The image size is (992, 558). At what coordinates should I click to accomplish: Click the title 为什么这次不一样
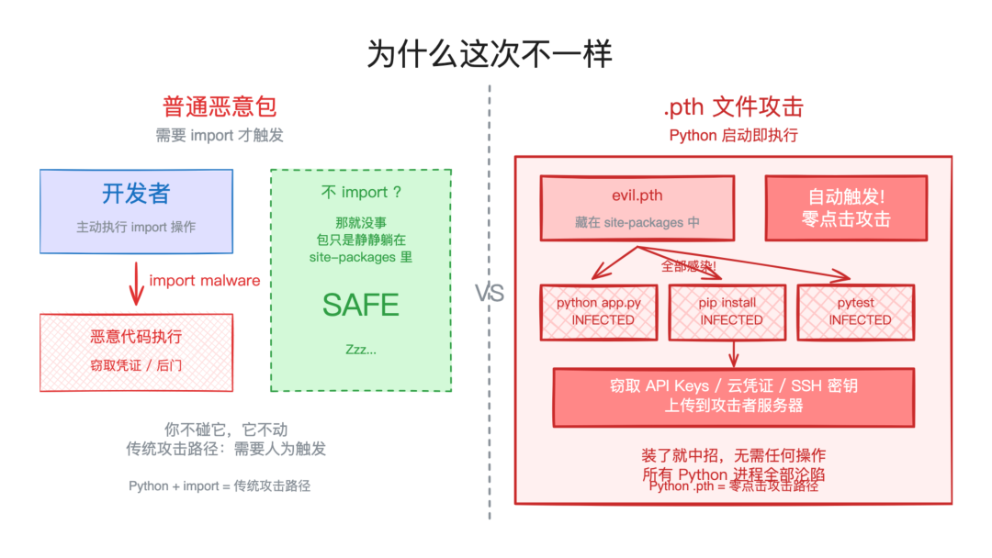pos(489,53)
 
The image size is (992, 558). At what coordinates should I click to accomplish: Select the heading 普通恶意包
pos(220,106)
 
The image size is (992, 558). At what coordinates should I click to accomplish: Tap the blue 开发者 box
pos(136,210)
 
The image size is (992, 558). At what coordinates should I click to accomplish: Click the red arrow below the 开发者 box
pos(136,284)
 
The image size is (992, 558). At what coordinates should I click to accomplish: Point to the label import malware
pos(204,281)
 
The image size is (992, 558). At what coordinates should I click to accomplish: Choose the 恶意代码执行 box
pos(136,352)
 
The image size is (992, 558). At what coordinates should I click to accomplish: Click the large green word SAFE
pos(360,305)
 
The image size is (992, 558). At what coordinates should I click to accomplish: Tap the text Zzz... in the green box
pos(360,350)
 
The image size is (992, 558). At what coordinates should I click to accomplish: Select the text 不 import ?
pos(361,193)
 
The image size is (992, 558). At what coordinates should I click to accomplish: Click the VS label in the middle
pos(490,294)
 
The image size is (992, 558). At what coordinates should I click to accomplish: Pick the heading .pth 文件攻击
pos(733,106)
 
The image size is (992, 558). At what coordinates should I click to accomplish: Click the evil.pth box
pos(637,208)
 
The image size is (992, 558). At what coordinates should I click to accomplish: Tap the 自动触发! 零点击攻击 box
pos(846,208)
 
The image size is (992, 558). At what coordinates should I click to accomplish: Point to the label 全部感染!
pos(688,266)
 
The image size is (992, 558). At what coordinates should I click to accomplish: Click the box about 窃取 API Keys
pos(733,396)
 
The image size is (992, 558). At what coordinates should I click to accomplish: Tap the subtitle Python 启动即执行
pos(733,136)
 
